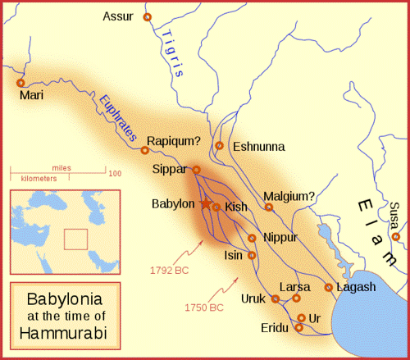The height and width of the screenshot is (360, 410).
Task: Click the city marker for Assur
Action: [148, 17]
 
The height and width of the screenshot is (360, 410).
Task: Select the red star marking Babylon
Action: [205, 203]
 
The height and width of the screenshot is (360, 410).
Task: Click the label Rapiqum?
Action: [174, 140]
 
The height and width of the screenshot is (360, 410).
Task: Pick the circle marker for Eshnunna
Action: [219, 146]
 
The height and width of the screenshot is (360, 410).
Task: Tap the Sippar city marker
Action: [196, 170]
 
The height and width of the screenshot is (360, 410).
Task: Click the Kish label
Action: [235, 207]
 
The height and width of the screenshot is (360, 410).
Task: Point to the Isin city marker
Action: [252, 255]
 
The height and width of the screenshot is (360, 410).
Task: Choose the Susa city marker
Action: [396, 237]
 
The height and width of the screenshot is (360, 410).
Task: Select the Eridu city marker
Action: [298, 327]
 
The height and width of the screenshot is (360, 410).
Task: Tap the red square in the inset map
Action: [76, 239]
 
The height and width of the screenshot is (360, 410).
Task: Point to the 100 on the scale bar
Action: [115, 174]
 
